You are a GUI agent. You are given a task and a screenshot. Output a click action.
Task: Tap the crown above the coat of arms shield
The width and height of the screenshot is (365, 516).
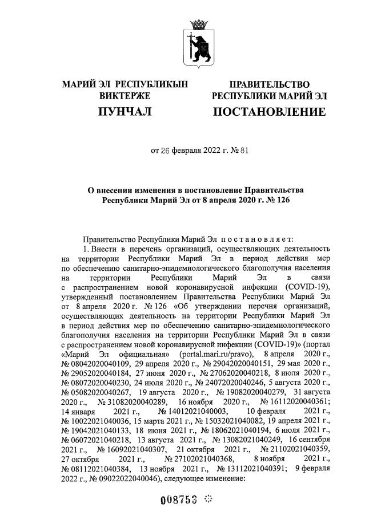pyautogui.click(x=199, y=25)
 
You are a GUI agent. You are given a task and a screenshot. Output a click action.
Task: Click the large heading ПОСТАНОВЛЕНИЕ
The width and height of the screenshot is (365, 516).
pyautogui.click(x=269, y=112)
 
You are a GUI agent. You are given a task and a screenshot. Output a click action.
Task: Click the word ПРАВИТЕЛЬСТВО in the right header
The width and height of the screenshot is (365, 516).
pyautogui.click(x=269, y=84)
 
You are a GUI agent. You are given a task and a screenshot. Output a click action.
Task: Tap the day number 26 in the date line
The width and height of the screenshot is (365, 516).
pyautogui.click(x=166, y=151)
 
